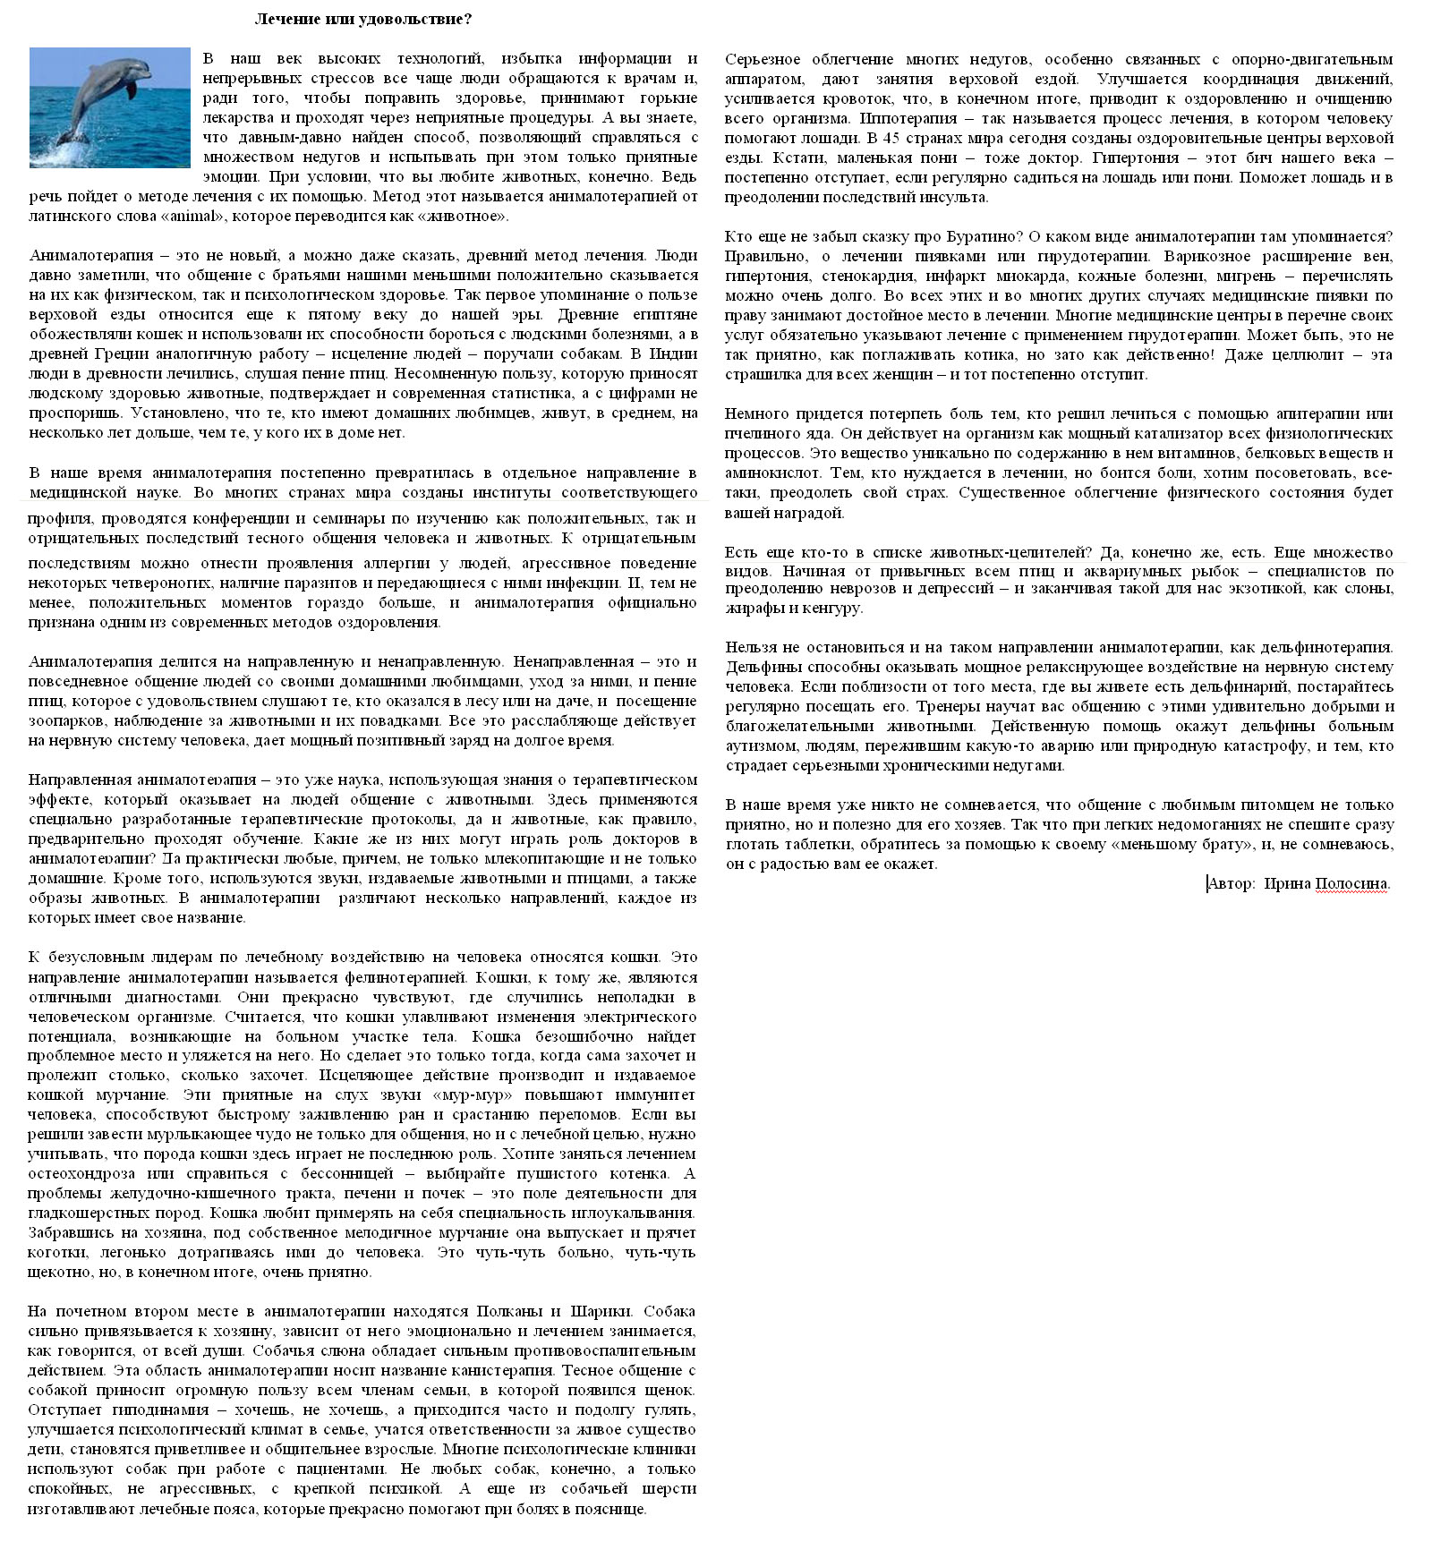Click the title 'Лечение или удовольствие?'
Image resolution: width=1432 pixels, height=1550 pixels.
click(x=363, y=19)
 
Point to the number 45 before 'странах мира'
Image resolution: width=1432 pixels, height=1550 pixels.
click(x=892, y=139)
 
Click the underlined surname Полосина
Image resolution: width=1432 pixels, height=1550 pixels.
click(x=1351, y=884)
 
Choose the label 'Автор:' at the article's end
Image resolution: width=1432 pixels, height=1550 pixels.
click(x=1231, y=884)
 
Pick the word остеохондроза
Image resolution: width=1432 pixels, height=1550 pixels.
click(x=81, y=1174)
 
